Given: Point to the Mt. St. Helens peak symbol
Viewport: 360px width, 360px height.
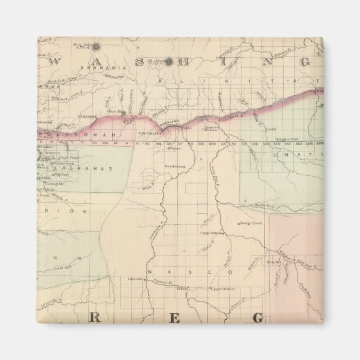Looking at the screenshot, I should (96, 47).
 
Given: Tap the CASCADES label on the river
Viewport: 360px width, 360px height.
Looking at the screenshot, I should (87, 115).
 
